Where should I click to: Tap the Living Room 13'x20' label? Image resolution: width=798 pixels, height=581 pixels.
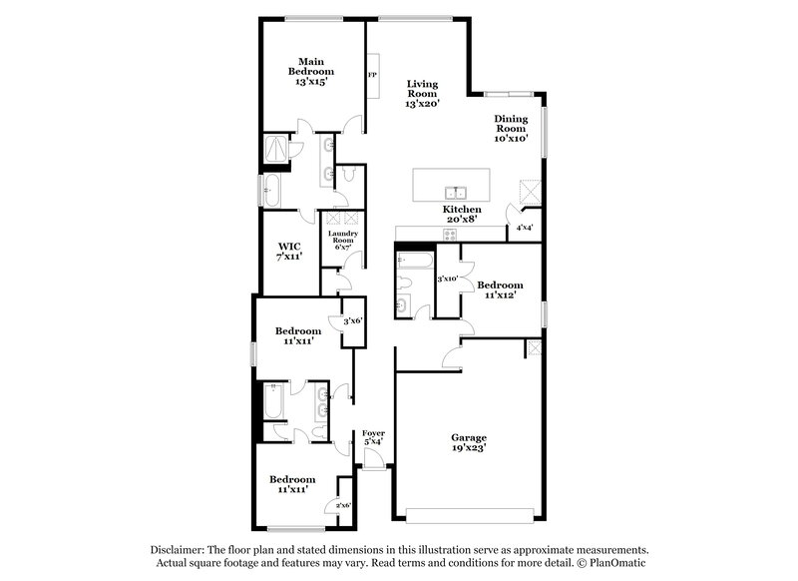pyautogui.click(x=423, y=93)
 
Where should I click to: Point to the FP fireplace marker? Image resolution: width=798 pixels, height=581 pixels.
pyautogui.click(x=372, y=75)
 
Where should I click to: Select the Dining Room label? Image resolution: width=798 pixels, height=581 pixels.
pyautogui.click(x=511, y=128)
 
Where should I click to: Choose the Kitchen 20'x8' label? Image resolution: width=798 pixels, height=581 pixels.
pyautogui.click(x=461, y=216)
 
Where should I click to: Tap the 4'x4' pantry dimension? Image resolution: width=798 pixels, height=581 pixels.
pyautogui.click(x=524, y=228)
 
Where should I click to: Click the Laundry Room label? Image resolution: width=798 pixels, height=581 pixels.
pyautogui.click(x=342, y=240)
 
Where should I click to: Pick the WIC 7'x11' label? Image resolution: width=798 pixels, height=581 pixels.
pyautogui.click(x=289, y=251)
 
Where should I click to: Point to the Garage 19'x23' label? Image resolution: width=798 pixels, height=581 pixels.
pyautogui.click(x=468, y=442)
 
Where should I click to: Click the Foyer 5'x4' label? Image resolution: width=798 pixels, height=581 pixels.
pyautogui.click(x=373, y=435)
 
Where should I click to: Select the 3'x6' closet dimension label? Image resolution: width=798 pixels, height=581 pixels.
pyautogui.click(x=352, y=320)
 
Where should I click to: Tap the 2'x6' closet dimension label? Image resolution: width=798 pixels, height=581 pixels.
pyautogui.click(x=342, y=505)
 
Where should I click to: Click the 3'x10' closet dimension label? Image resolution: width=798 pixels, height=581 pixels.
pyautogui.click(x=446, y=279)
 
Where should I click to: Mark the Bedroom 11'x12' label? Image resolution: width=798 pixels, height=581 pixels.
pyautogui.click(x=500, y=290)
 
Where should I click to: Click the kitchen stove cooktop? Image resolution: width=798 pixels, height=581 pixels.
pyautogui.click(x=449, y=235)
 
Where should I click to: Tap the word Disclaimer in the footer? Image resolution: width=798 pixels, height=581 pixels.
pyautogui.click(x=178, y=550)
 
